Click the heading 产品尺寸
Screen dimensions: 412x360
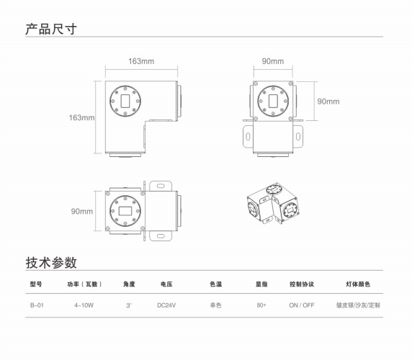tap(51, 29)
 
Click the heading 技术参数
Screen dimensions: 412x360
tap(51, 262)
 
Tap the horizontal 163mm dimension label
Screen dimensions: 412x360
tap(141, 61)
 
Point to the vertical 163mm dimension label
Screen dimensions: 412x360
tap(81, 117)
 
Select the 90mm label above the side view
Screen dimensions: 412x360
tap(273, 61)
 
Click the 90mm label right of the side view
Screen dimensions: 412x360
tap(328, 102)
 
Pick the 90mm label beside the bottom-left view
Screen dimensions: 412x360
tap(81, 211)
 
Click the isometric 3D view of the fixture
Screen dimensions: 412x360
tap(273, 203)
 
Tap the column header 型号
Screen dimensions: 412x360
tap(36, 284)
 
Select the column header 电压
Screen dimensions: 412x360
tap(166, 284)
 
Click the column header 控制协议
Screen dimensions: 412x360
tap(302, 284)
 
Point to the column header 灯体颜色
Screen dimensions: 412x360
tap(358, 284)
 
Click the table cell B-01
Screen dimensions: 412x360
tap(37, 305)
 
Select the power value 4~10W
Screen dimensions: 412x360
tap(84, 305)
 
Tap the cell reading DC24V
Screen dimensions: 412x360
tap(166, 305)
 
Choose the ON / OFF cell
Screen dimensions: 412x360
tap(302, 305)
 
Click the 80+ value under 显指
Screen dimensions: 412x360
tap(261, 305)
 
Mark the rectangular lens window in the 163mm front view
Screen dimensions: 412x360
tap(125, 101)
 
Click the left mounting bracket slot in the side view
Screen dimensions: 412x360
tap(248, 137)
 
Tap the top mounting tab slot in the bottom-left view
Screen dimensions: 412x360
tap(161, 186)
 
